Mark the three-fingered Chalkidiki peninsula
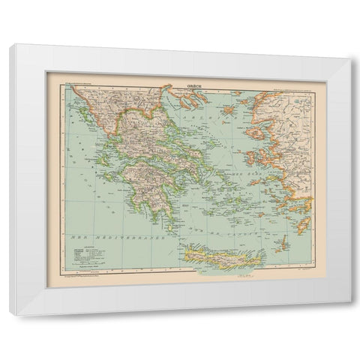175,116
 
